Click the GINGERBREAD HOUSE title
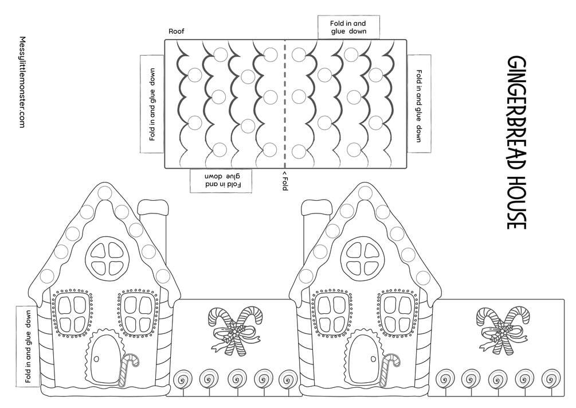point(517,142)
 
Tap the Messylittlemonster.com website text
point(22,82)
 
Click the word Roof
point(177,31)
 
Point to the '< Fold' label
point(285,181)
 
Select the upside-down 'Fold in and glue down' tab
point(221,181)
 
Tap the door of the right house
point(364,359)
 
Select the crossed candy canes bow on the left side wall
point(234,331)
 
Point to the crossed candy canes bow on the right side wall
point(502,331)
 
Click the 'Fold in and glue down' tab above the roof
point(348,27)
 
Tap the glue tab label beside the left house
point(28,346)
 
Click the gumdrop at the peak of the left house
point(105,193)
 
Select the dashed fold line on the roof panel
point(285,104)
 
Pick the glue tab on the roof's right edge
point(419,104)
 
